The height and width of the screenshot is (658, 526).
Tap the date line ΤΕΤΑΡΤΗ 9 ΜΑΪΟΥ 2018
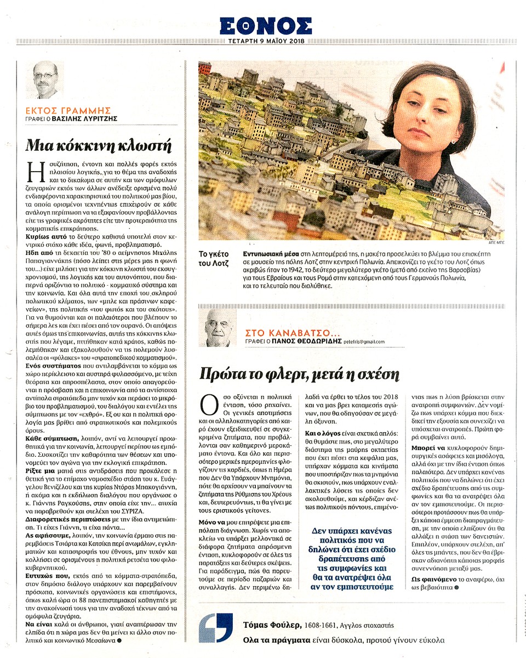(x=266, y=41)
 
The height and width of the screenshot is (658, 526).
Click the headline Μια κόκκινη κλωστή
(x=100, y=146)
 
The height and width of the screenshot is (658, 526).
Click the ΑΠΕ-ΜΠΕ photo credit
(x=495, y=242)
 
